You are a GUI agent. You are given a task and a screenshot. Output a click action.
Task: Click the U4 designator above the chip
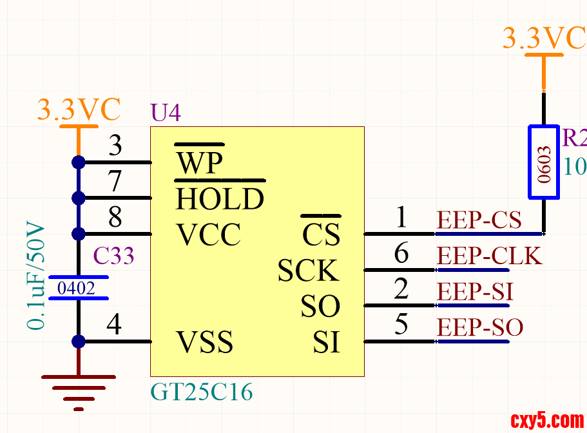coord(166,113)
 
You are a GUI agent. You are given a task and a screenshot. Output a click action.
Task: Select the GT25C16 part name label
coord(201,391)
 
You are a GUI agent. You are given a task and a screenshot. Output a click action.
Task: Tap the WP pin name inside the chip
coord(200,164)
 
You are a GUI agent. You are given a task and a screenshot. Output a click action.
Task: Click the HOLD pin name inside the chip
coord(220,199)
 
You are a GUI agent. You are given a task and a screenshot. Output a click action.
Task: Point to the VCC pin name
coord(208,235)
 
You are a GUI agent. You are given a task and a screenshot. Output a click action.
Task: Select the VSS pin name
coord(204,342)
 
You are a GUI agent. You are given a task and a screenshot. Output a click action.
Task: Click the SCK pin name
coord(308,271)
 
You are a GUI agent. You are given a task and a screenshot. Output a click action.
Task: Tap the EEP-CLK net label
coord(490,256)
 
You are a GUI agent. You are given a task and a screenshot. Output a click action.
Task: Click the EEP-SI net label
coord(475,292)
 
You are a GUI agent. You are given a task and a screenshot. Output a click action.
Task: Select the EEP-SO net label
coord(480,327)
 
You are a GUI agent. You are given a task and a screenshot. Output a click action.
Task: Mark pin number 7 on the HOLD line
coord(115,182)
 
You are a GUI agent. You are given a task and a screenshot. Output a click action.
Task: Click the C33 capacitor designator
coord(114,256)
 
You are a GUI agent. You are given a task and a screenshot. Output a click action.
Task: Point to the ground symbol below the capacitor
coord(79,390)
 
